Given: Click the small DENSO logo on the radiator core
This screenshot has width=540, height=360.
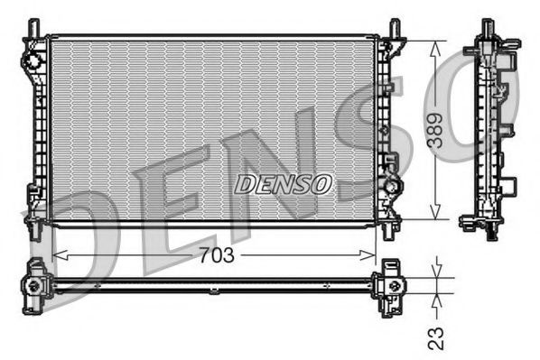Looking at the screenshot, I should (284, 183).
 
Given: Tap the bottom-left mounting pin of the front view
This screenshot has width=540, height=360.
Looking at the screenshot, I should (34, 231).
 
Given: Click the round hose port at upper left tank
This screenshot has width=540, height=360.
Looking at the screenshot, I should (32, 61).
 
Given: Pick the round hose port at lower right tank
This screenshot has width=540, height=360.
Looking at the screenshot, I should (393, 187).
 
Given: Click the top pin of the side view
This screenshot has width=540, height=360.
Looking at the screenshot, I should (487, 25).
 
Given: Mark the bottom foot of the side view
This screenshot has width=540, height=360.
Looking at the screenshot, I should (490, 234).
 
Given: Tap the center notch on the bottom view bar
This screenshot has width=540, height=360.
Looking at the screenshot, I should (213, 290).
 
